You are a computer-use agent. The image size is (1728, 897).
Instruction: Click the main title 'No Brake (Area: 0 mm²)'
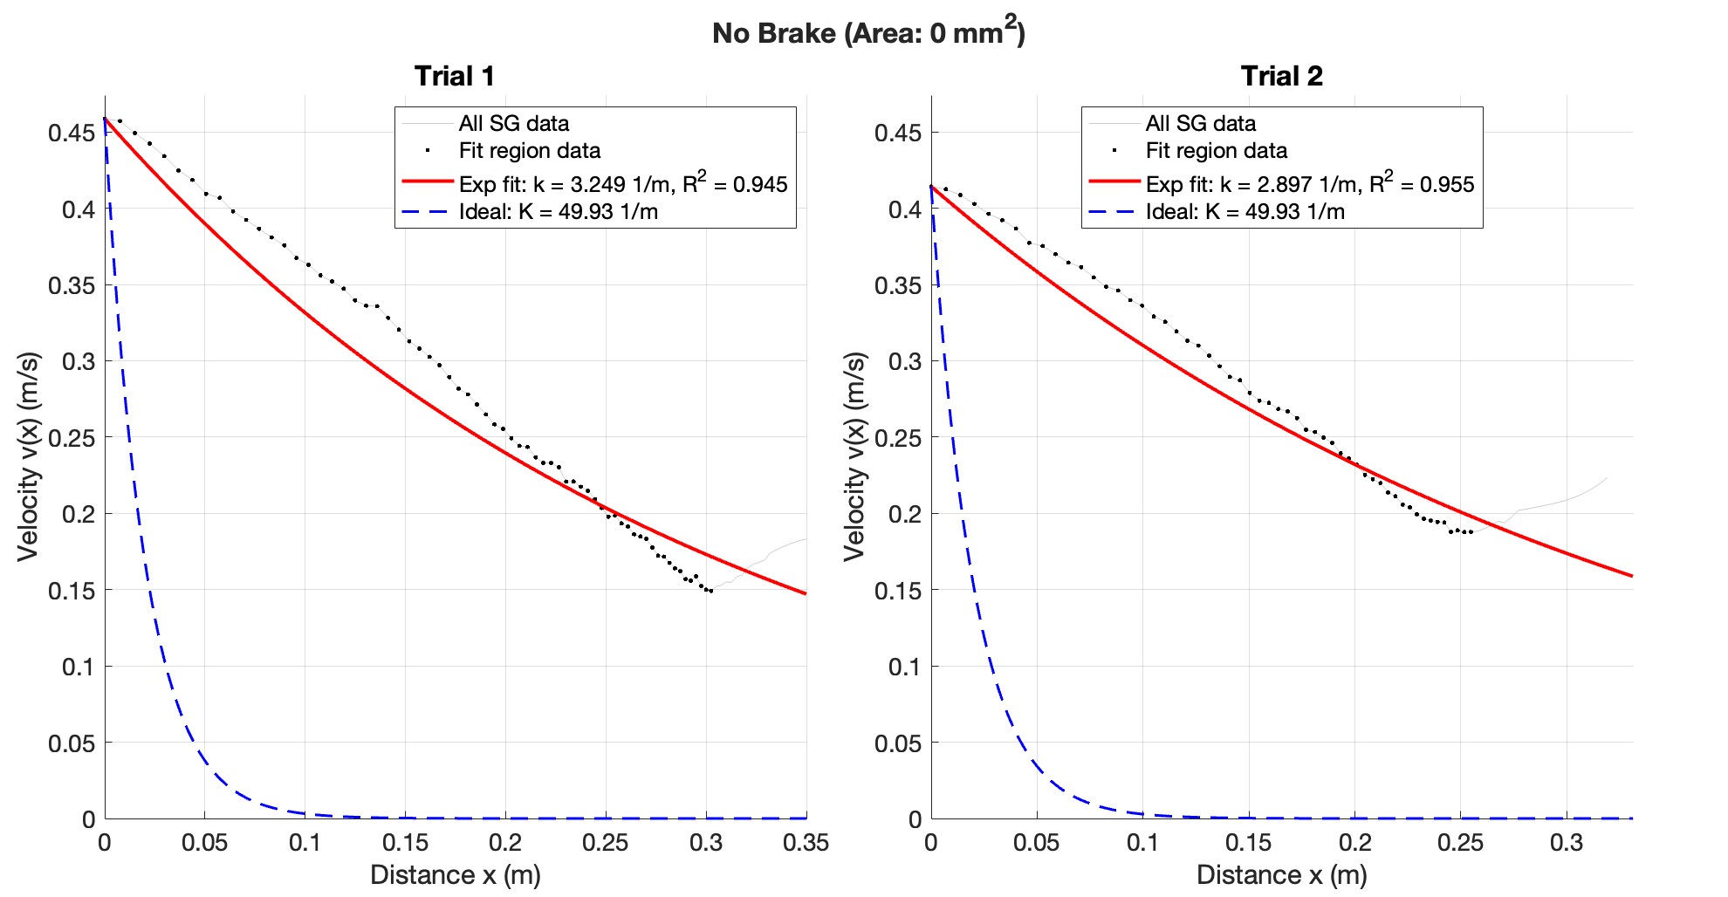(x=867, y=33)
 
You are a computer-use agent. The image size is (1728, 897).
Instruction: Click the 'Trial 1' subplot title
(x=454, y=76)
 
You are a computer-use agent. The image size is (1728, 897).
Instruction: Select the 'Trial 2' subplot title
(x=1281, y=76)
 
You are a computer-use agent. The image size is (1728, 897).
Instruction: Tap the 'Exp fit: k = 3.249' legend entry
(x=622, y=184)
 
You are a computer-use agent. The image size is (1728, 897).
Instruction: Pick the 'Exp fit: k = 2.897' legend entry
(x=1309, y=184)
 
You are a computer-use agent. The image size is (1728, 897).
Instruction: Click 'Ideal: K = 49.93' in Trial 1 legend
(x=558, y=211)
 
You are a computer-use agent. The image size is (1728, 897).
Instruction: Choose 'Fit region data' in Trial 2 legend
(x=1216, y=151)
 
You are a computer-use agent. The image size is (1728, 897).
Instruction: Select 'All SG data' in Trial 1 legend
(x=513, y=123)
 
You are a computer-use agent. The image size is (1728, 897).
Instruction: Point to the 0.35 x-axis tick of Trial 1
(x=806, y=843)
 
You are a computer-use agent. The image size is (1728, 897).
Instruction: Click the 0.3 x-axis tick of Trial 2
(x=1567, y=843)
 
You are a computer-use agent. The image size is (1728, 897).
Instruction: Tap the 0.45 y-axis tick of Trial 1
(x=72, y=133)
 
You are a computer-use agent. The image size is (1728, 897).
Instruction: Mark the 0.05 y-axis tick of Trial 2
(x=898, y=743)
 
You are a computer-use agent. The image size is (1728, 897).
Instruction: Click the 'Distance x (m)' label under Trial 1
(x=455, y=874)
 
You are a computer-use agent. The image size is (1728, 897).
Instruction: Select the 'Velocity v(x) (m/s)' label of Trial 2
(x=854, y=456)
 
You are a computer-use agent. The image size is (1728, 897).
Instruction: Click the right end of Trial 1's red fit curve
(x=805, y=593)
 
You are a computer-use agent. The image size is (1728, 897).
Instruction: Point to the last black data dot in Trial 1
(x=711, y=592)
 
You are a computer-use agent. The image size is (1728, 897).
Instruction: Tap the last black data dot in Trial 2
(x=1471, y=532)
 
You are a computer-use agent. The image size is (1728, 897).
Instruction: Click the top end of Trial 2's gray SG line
(x=1607, y=477)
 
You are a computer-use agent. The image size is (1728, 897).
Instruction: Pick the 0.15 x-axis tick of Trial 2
(x=1249, y=843)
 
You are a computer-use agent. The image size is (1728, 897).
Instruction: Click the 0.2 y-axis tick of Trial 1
(x=79, y=514)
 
